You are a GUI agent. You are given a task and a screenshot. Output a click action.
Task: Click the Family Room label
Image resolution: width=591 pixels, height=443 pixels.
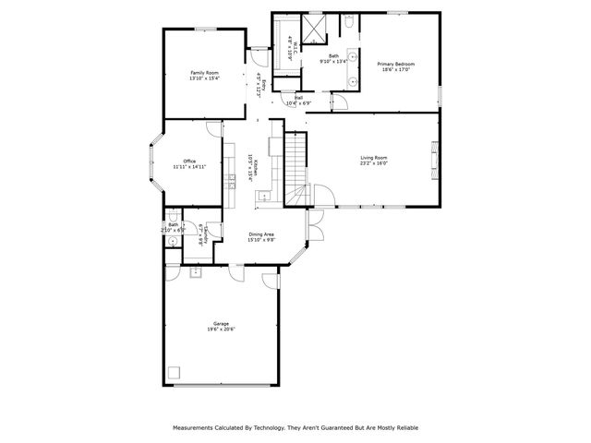[204, 72]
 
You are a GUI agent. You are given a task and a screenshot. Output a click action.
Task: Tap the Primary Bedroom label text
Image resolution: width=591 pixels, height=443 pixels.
[396, 64]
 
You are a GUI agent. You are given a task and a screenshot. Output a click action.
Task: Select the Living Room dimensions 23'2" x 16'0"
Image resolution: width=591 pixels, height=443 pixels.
[374, 163]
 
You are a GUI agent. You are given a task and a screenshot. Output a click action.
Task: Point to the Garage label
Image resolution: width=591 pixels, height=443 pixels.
[221, 323]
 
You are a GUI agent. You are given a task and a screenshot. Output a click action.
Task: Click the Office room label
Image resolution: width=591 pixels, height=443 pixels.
[189, 162]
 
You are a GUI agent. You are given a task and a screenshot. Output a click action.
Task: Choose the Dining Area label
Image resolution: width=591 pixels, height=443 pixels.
[261, 234]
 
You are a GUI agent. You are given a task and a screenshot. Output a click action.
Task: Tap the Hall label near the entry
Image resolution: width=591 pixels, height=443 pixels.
[298, 97]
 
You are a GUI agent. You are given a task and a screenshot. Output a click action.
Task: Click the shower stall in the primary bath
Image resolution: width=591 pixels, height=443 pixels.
[314, 30]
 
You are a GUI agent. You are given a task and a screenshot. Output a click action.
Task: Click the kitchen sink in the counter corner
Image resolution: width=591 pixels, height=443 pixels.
[263, 195]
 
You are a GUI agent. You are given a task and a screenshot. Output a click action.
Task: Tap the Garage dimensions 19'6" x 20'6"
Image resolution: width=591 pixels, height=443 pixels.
[221, 329]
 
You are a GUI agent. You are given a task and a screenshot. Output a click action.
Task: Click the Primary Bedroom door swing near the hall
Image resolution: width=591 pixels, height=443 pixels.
[339, 101]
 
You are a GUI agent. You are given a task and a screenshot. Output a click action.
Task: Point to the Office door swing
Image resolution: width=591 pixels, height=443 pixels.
[213, 129]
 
